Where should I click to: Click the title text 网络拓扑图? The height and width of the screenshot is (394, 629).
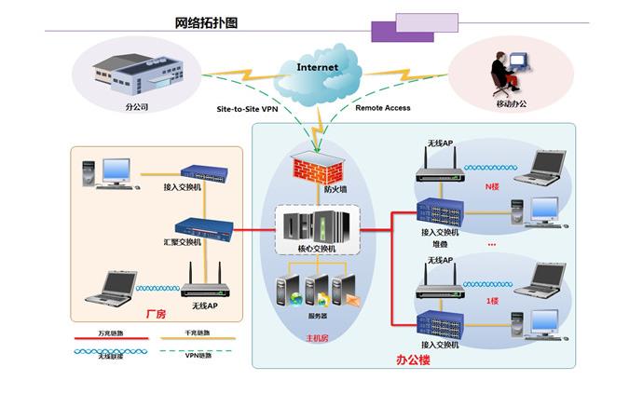(x=206, y=23)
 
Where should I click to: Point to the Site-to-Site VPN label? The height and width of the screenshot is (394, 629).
(x=247, y=108)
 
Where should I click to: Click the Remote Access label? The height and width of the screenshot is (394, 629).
(x=382, y=108)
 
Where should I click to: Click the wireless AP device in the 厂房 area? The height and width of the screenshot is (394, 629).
(x=203, y=286)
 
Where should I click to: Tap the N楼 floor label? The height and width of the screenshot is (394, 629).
(x=493, y=186)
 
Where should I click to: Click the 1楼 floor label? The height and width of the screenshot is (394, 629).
(x=493, y=301)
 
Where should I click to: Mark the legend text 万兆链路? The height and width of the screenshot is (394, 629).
(x=109, y=332)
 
